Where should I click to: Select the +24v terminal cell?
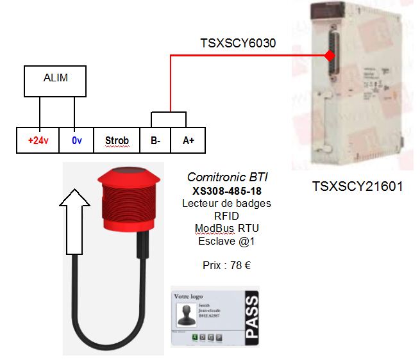(38, 140)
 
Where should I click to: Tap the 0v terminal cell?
(76, 140)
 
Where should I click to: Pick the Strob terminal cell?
(116, 140)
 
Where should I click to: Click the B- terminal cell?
(155, 140)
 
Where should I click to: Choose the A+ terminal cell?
(189, 140)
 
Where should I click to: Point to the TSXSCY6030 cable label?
(237, 44)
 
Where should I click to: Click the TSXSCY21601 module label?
(357, 187)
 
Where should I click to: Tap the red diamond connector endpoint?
(330, 56)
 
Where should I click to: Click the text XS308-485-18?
(226, 191)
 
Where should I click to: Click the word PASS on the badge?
(251, 316)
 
